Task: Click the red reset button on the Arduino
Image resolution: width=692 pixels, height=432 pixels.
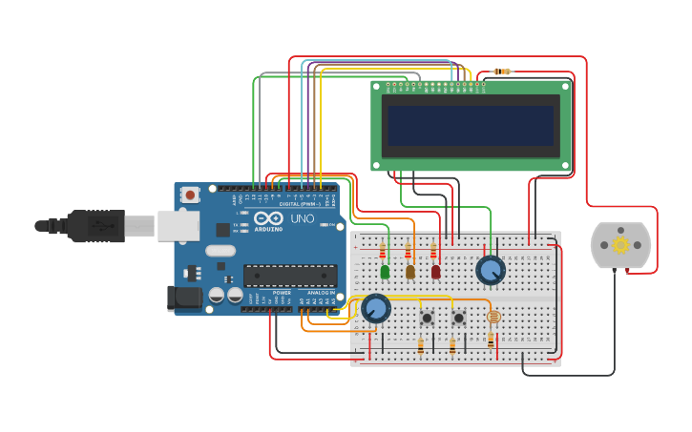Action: tap(191, 195)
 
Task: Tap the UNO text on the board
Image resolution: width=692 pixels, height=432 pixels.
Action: tap(302, 218)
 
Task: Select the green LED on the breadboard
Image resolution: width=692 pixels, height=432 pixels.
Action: tap(385, 272)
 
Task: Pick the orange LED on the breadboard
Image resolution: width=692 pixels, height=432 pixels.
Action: tap(410, 272)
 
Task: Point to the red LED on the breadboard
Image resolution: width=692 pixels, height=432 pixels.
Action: tap(436, 272)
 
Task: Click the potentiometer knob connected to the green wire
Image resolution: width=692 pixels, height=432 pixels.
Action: tap(491, 271)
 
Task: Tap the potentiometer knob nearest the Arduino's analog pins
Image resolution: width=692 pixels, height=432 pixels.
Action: tap(375, 308)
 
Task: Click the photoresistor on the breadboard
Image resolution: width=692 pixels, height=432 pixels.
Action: tap(493, 317)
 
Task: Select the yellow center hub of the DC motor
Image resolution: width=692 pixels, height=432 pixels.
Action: tap(620, 245)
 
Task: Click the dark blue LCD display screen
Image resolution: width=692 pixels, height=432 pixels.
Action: tap(470, 125)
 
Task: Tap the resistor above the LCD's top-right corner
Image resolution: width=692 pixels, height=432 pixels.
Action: tap(502, 72)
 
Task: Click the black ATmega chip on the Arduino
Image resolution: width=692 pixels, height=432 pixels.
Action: tap(290, 276)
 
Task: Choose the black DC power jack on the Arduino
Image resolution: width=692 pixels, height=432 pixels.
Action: tap(185, 298)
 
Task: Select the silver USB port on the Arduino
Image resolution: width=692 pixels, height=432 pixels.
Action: tap(178, 226)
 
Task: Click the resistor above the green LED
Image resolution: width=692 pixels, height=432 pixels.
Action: tap(383, 251)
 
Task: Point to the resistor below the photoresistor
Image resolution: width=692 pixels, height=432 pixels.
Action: tap(492, 339)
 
